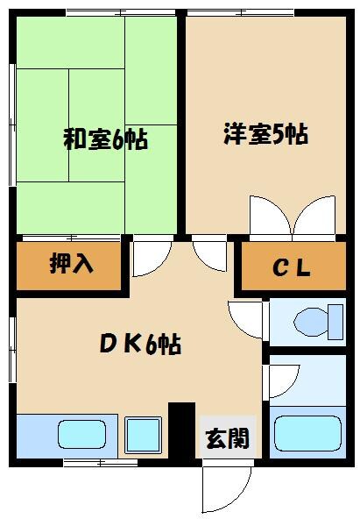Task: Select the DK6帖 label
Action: [x=139, y=344]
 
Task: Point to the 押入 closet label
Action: [x=72, y=264]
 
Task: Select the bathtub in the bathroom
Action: [x=307, y=433]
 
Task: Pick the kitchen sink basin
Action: [x=83, y=434]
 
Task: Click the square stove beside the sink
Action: [x=142, y=434]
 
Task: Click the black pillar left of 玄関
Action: [x=181, y=429]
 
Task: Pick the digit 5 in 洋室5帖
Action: [x=279, y=136]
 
